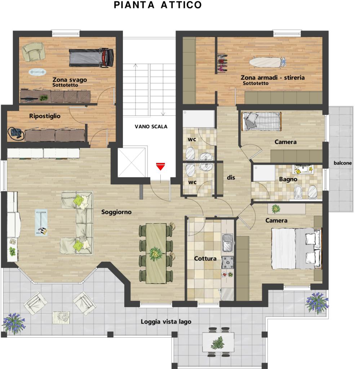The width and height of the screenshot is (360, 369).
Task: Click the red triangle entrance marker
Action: coord(160,166)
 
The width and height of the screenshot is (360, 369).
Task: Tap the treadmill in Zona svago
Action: coord(92,58)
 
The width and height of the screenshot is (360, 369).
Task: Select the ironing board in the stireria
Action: coord(267,62)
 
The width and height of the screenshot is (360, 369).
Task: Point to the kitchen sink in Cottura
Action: coord(227,243)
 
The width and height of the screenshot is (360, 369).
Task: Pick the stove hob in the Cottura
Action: coord(227,263)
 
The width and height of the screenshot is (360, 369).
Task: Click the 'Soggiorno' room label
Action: coord(116,212)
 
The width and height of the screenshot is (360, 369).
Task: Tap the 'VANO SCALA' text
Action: coord(151,126)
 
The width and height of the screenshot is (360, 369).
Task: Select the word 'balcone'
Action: coord(343,163)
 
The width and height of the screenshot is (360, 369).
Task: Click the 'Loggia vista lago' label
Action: coord(166,322)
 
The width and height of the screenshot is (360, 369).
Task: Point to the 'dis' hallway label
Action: coord(231,177)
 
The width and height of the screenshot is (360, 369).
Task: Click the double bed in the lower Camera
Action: coord(297,248)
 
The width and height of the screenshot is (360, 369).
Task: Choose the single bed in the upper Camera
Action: coord(262,121)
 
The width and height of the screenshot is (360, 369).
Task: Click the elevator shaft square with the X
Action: coord(132,163)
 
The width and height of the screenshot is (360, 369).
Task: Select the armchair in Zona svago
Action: coord(34,52)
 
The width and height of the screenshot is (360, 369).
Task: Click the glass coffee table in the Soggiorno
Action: coord(41,223)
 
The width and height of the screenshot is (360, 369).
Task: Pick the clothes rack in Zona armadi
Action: coord(222,63)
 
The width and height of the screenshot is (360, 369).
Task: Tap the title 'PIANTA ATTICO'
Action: coord(157,5)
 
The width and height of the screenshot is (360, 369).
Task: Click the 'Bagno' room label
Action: coord(288,179)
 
